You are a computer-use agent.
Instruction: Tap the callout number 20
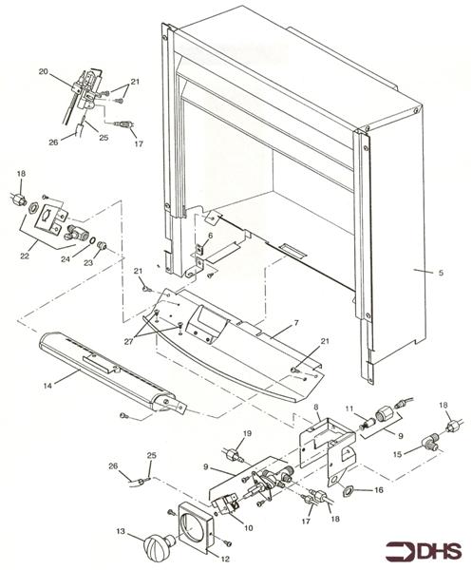click(44, 71)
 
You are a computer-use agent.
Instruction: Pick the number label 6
click(210, 235)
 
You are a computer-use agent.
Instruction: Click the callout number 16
click(380, 490)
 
